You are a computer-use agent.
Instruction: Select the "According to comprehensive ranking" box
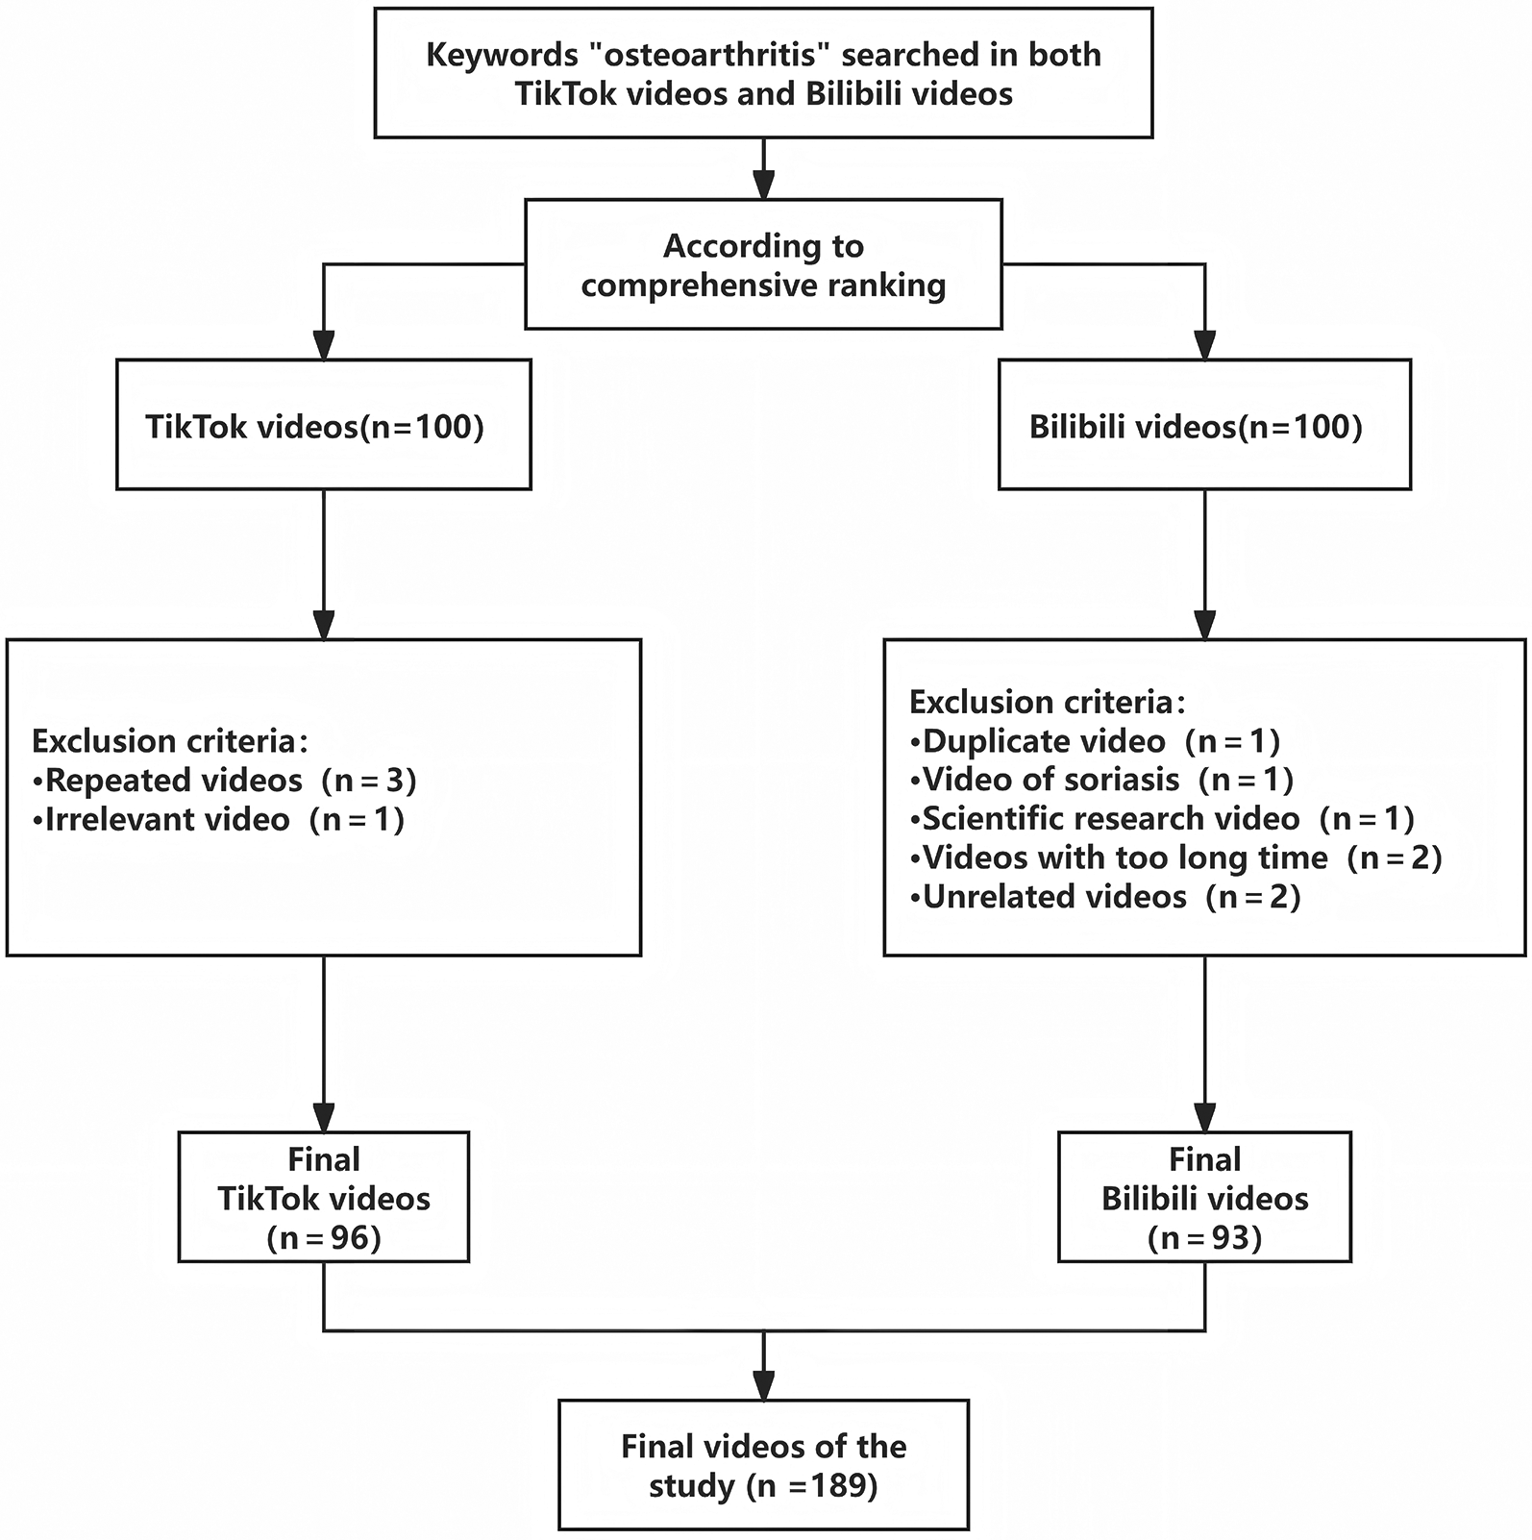[763, 265]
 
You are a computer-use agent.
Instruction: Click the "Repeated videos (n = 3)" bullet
[224, 781]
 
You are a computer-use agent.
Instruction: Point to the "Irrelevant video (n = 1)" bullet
[217, 820]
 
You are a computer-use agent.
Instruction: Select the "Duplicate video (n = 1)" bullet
[1095, 741]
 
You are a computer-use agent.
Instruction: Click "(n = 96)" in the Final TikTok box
[324, 1238]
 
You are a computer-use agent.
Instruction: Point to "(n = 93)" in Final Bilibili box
[1204, 1238]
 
